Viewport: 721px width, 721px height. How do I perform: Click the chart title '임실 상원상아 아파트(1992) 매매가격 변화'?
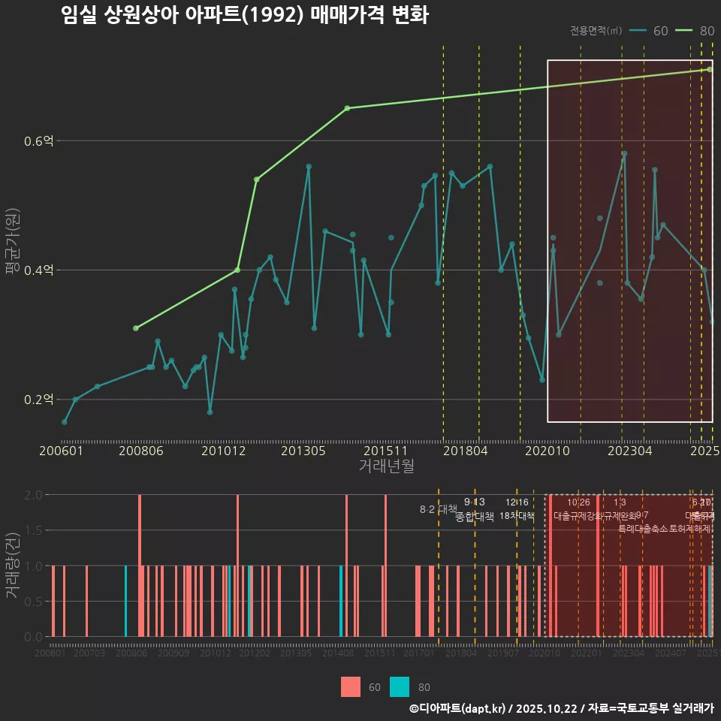click(245, 16)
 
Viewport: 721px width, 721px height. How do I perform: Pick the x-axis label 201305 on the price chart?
click(303, 451)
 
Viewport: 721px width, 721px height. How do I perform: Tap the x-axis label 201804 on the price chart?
click(465, 451)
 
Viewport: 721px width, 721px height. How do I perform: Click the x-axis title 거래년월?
click(386, 466)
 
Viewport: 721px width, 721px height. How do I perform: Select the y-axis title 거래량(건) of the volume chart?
click(13, 565)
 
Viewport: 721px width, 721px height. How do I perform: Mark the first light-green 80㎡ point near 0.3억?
click(136, 328)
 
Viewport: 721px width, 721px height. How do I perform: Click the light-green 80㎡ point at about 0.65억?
click(347, 108)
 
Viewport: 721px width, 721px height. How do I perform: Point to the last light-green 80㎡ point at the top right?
click(709, 70)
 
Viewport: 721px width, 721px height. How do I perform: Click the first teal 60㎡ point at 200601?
click(65, 422)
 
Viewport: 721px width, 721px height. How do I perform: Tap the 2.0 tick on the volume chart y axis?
click(34, 495)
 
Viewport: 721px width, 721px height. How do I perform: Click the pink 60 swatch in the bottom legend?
click(350, 686)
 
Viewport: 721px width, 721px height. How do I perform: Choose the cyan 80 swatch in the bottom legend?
click(400, 686)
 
